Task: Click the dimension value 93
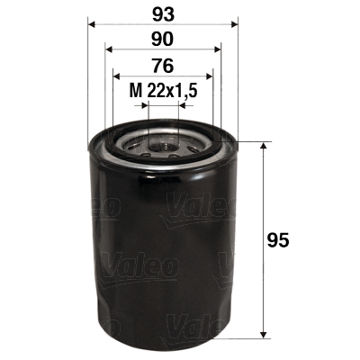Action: pyautogui.click(x=163, y=15)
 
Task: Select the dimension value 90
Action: pyautogui.click(x=163, y=40)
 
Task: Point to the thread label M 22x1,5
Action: pyautogui.click(x=163, y=90)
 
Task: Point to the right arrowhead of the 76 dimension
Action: pyautogui.click(x=208, y=77)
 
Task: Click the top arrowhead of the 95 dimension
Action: pyautogui.click(x=264, y=147)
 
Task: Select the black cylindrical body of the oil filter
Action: pyautogui.click(x=162, y=252)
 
